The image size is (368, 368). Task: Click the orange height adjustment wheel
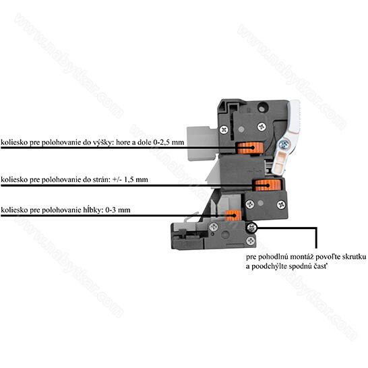(x=251, y=148)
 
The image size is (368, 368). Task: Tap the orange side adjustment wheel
(x=268, y=185)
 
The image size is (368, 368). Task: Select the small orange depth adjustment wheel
(x=233, y=216)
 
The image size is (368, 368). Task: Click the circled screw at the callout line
(x=251, y=227)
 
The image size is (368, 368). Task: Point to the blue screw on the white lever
(x=284, y=144)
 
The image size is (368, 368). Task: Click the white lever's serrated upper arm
(x=294, y=116)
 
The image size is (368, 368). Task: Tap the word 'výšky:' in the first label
(x=102, y=143)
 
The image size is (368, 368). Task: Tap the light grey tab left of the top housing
(x=202, y=143)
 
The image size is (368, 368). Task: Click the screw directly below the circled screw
(x=251, y=241)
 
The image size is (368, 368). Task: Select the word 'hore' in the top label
(x=123, y=143)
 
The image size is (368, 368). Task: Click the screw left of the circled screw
(x=214, y=227)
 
